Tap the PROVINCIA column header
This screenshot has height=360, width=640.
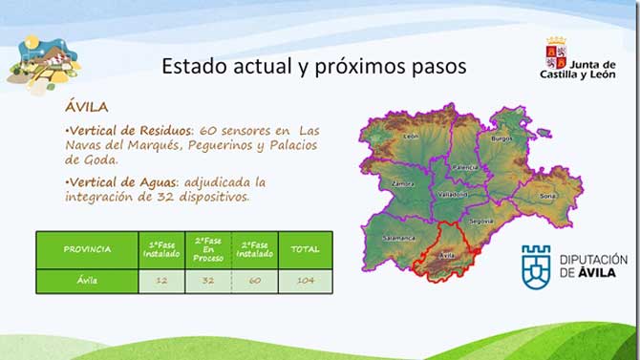point(87,249)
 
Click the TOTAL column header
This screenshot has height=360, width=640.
point(306,249)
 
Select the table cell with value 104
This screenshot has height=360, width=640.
point(306,281)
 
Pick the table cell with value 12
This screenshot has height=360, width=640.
point(161,281)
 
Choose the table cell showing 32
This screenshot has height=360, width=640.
point(208,281)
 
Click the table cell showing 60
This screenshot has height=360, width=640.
point(255,281)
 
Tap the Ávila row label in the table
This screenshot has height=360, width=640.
point(87,281)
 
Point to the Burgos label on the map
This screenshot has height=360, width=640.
point(501,138)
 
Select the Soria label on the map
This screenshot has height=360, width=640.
point(547,196)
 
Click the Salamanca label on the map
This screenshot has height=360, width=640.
point(397,237)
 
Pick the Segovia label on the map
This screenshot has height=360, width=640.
point(481,221)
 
